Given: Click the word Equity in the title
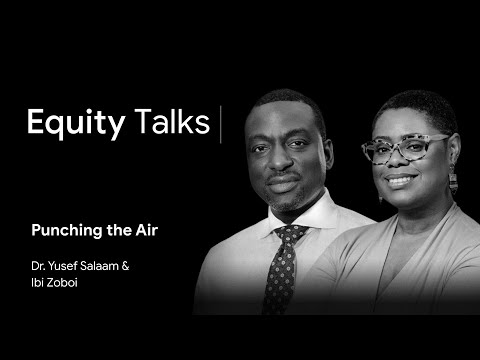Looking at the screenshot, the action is click(76, 123).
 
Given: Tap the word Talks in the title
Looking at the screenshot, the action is click(172, 121).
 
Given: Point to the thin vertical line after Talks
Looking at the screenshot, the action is click(221, 124).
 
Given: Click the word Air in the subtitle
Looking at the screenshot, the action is click(147, 230).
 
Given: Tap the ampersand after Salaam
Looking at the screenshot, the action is click(125, 266).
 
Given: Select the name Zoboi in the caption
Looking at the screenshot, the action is click(62, 283).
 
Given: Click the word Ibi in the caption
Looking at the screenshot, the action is click(37, 283).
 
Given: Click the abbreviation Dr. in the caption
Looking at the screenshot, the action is click(38, 266).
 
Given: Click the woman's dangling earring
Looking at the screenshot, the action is click(453, 182).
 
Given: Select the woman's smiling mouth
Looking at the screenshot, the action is click(401, 180).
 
